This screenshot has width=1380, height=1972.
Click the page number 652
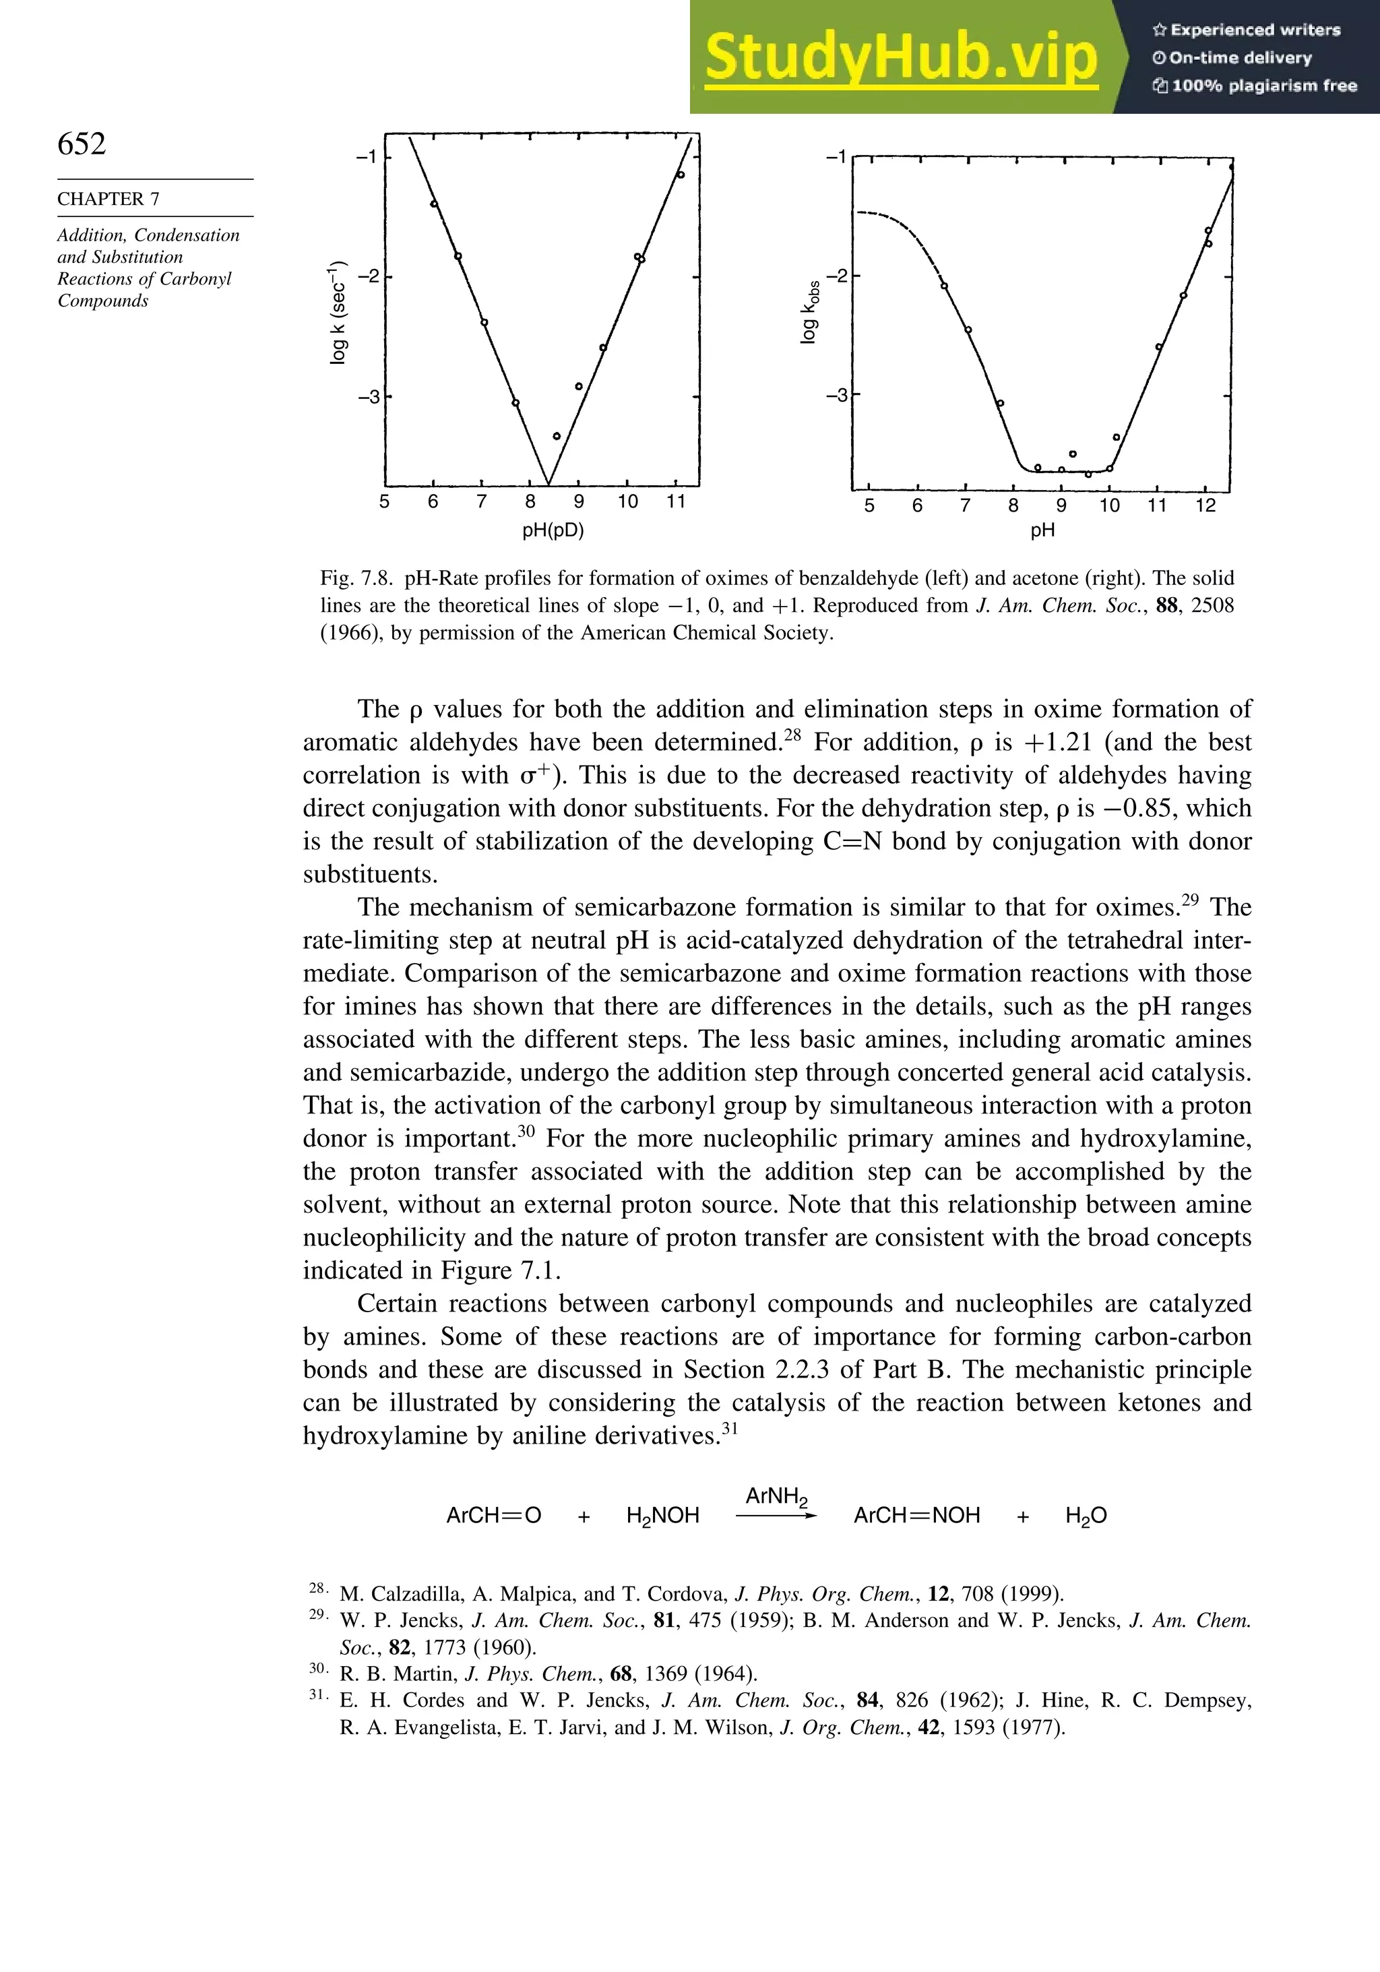(82, 144)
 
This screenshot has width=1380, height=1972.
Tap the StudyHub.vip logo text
(902, 57)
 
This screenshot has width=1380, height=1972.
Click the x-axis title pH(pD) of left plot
(553, 530)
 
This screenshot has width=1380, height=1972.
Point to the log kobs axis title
(809, 312)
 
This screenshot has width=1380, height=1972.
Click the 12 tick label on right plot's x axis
(1205, 506)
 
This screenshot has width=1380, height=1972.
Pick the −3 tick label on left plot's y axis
(367, 397)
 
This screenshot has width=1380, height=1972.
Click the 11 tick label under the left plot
(676, 501)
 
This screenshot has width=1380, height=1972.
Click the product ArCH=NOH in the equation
(916, 1516)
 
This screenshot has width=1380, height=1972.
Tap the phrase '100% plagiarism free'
(1262, 85)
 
